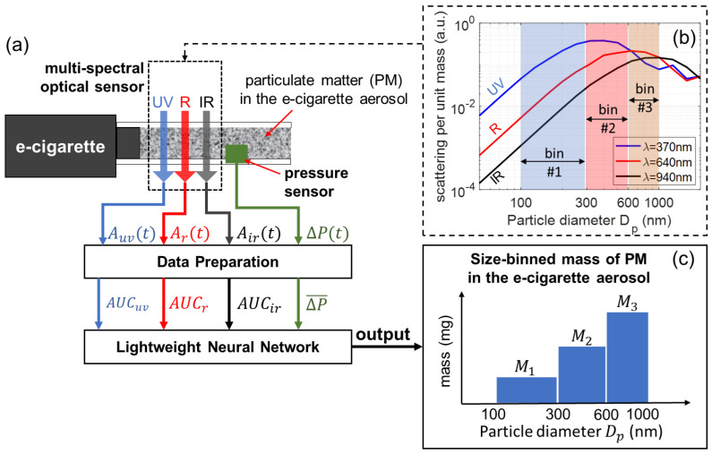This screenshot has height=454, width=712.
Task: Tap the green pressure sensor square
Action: tap(237, 155)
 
